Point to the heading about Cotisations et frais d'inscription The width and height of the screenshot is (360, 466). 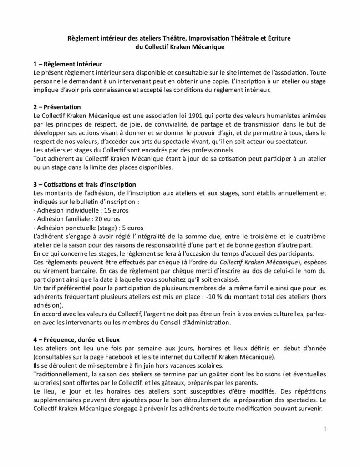coord(85,184)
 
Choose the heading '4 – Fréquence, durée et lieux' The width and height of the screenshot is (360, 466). coord(77,339)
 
